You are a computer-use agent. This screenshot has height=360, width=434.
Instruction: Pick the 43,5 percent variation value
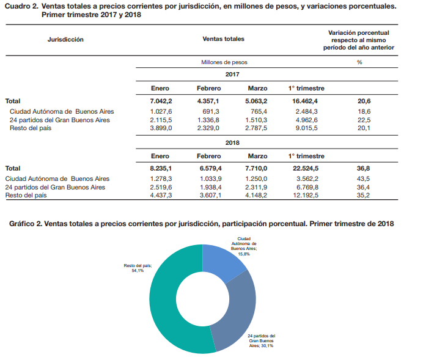click(x=363, y=178)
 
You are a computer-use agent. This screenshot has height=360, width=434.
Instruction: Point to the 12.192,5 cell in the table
click(x=306, y=196)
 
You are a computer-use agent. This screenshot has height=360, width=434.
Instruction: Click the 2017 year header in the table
click(x=232, y=74)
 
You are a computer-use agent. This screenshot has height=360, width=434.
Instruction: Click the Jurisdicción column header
click(x=65, y=39)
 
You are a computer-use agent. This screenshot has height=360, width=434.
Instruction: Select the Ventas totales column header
click(x=223, y=39)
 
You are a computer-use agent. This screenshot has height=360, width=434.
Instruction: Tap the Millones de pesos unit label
click(x=224, y=62)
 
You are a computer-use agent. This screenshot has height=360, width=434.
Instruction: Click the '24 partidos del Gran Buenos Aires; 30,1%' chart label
click(x=261, y=340)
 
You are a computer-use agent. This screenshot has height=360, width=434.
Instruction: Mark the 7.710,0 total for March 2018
click(x=257, y=168)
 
